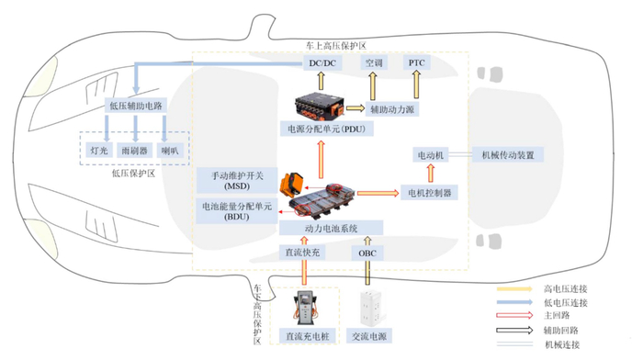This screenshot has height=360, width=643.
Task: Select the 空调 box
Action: point(373,63)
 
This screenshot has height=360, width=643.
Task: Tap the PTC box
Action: point(416,63)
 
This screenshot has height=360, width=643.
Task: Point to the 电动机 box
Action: point(429,155)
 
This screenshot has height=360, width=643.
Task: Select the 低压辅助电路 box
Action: point(136,106)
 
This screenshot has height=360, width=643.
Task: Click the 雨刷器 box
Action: point(135,150)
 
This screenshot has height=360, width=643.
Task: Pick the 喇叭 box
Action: point(171,150)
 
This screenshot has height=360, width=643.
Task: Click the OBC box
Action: point(367,252)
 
